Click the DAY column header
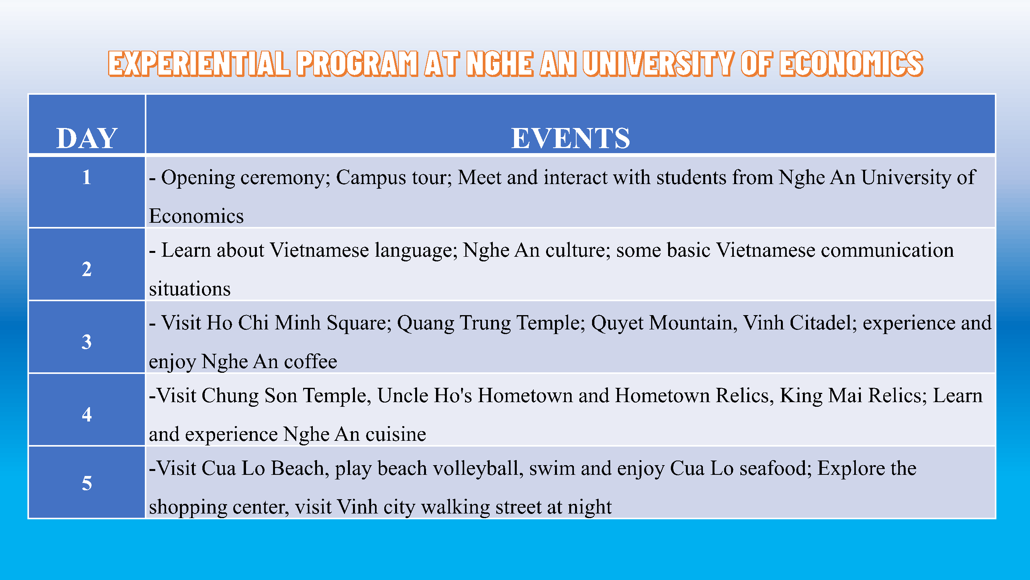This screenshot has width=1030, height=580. [87, 138]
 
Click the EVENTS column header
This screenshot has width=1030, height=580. [570, 138]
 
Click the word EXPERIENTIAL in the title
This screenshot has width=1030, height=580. [199, 64]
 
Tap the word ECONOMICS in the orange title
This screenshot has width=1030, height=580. [851, 64]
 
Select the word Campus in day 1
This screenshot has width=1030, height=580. [371, 177]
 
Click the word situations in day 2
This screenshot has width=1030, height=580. [190, 288]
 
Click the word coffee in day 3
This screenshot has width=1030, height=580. [310, 361]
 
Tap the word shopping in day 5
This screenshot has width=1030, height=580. [188, 507]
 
